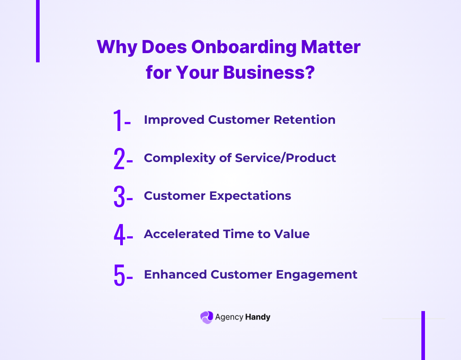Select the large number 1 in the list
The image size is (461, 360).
(118, 121)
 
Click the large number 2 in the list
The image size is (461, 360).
(119, 159)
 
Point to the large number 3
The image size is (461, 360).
(119, 197)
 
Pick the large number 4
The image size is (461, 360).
(119, 235)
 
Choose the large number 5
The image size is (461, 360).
(119, 274)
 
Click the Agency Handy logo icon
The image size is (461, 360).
(206, 317)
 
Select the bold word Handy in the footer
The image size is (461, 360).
(258, 317)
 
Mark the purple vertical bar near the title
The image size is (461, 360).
(38, 31)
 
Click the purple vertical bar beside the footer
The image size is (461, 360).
(423, 335)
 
